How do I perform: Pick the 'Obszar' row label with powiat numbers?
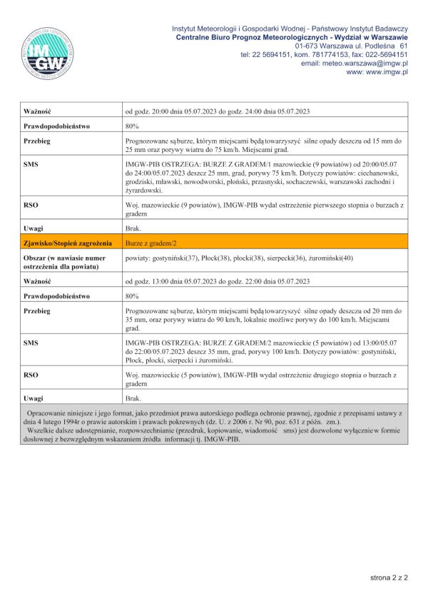[65, 262]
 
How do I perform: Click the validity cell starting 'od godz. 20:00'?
[217, 111]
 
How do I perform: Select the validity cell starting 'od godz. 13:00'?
[217, 281]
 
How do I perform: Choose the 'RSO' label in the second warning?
[31, 374]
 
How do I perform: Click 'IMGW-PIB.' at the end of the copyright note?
[221, 439]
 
